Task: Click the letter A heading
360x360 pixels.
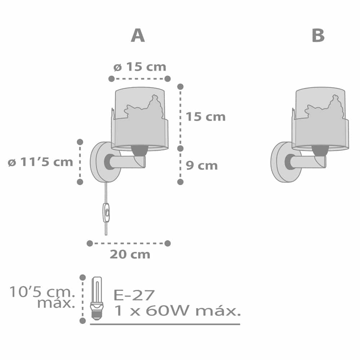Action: click(x=138, y=36)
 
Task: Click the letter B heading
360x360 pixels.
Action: click(x=318, y=36)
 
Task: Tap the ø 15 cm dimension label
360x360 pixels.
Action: click(x=139, y=67)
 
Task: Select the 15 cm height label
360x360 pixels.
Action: click(x=206, y=117)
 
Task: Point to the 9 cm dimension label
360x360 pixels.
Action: click(x=202, y=166)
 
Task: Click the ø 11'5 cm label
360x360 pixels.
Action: click(x=40, y=162)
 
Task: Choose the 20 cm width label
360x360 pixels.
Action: click(x=130, y=254)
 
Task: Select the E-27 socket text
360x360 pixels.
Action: click(x=134, y=295)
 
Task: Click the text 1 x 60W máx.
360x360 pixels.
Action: click(x=176, y=311)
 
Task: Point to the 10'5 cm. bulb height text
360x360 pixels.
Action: click(x=42, y=292)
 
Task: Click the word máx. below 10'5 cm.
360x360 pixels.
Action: click(x=56, y=303)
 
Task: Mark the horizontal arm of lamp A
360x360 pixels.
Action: click(x=130, y=162)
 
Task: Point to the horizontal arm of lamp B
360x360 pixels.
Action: click(x=310, y=162)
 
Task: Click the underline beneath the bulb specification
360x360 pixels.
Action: click(x=165, y=324)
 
